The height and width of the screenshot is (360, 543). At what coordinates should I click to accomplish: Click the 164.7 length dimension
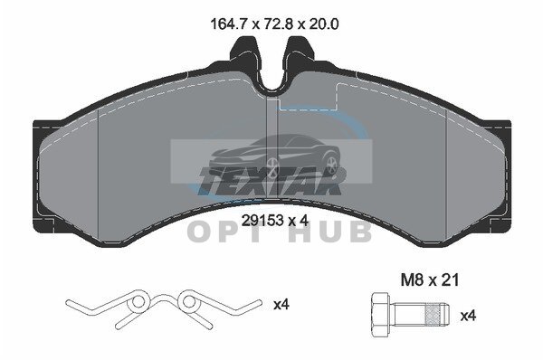click(x=228, y=24)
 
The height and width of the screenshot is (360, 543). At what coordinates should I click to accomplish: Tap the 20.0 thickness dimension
click(x=323, y=24)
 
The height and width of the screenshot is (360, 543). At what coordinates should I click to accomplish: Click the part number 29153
click(x=262, y=220)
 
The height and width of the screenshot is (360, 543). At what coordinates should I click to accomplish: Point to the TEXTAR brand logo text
click(x=271, y=181)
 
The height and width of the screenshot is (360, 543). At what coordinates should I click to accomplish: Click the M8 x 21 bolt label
click(x=429, y=279)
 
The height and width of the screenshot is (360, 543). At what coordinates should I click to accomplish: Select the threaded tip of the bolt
click(x=437, y=315)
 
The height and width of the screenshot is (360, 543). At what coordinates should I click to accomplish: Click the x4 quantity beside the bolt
click(x=468, y=316)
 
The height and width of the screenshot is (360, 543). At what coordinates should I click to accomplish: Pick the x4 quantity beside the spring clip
click(x=281, y=305)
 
